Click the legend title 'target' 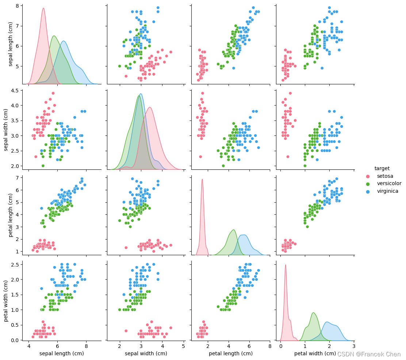pyautogui.click(x=382, y=168)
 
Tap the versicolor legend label pyautogui.click(x=389, y=183)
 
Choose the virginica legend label pyautogui.click(x=387, y=191)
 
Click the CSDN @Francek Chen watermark pyautogui.click(x=369, y=354)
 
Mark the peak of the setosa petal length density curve pyautogui.click(x=202, y=179)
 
